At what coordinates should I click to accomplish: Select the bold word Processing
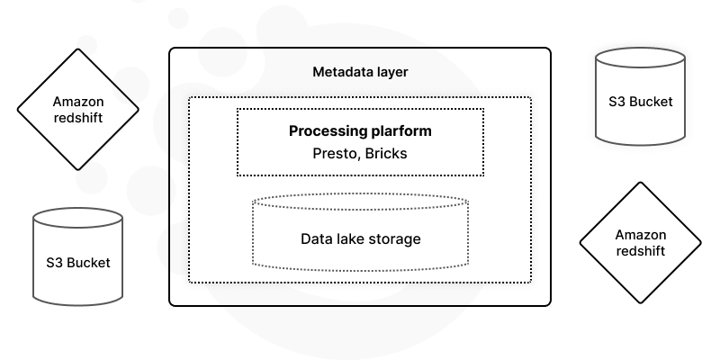tap(325, 131)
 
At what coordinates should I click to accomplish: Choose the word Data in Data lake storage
tap(317, 239)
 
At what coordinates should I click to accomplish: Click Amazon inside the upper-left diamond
tap(78, 102)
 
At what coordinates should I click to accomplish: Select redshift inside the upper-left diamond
tap(78, 118)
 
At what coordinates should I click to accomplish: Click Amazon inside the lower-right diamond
tap(641, 235)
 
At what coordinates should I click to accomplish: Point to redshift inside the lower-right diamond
tap(641, 251)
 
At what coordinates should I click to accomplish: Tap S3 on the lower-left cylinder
tap(56, 263)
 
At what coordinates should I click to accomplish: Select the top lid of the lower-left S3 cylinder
tap(78, 218)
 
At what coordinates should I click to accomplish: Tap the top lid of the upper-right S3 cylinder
tap(641, 58)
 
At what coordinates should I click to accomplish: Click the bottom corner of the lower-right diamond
tap(641, 302)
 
